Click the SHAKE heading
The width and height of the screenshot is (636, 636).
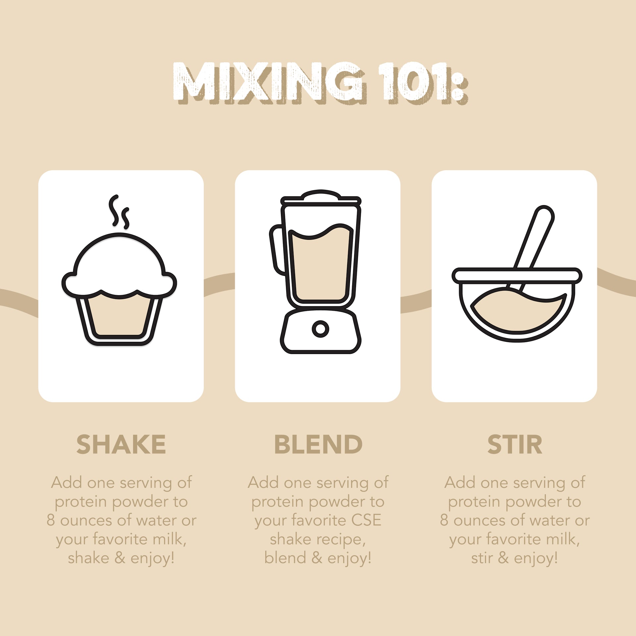(121, 444)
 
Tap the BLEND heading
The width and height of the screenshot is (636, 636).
(318, 444)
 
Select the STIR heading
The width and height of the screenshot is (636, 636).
(514, 444)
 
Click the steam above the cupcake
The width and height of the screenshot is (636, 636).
(119, 212)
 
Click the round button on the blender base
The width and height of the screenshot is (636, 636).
(320, 329)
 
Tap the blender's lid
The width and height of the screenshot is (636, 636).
(321, 197)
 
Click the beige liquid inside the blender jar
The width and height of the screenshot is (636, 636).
(320, 265)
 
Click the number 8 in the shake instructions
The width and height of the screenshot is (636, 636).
(50, 520)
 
